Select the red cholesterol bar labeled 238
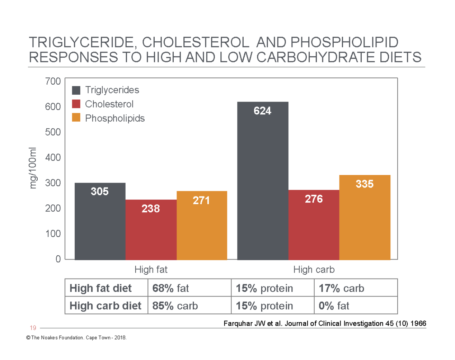pyautogui.click(x=151, y=229)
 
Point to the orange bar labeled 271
pyautogui.click(x=202, y=226)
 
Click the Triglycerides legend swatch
pyautogui.click(x=76, y=90)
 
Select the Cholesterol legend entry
pyautogui.click(x=109, y=104)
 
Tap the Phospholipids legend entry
pyautogui.click(x=114, y=118)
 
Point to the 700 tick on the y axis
pyautogui.click(x=53, y=81)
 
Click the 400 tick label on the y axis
pyautogui.click(x=53, y=157)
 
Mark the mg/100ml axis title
pyautogui.click(x=33, y=168)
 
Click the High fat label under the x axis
pyautogui.click(x=151, y=270)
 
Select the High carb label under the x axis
pyautogui.click(x=314, y=270)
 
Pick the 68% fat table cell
pyautogui.click(x=170, y=288)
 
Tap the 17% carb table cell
pyautogui.click(x=341, y=288)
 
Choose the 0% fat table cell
pyautogui.click(x=334, y=306)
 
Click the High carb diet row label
pyautogui.click(x=105, y=306)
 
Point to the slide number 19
pyautogui.click(x=33, y=328)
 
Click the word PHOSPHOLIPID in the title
pyautogui.click(x=344, y=42)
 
